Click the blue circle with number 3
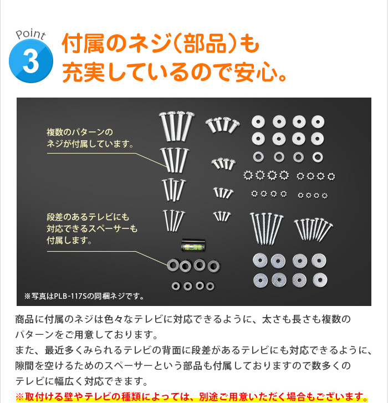(31, 61)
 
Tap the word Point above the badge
(30, 34)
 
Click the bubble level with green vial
(193, 244)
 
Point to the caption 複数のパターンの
(80, 132)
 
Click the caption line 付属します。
(69, 241)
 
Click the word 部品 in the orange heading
(205, 43)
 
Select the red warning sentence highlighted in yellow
(192, 396)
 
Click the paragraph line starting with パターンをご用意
(86, 335)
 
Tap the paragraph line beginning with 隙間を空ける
(183, 365)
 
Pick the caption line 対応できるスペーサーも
(92, 229)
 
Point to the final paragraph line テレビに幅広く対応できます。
(81, 381)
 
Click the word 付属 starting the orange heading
(83, 43)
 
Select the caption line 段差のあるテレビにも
(88, 217)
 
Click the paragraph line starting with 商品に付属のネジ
(183, 319)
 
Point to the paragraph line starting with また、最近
(193, 350)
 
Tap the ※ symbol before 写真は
(28, 297)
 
